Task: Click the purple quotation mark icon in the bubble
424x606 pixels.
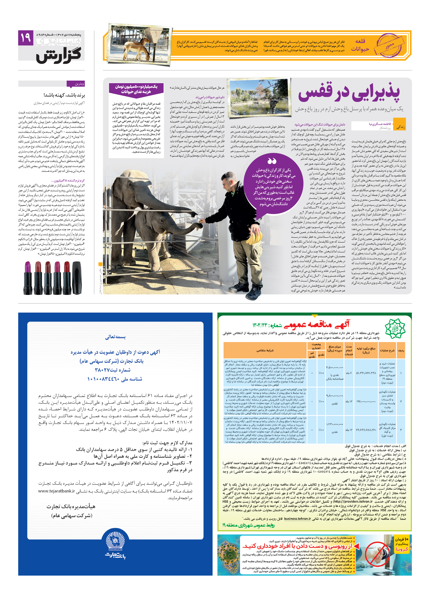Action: click(272, 161)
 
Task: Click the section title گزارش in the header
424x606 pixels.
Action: click(58, 56)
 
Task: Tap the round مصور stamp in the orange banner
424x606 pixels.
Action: click(390, 45)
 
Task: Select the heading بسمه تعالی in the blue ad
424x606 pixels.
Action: click(115, 337)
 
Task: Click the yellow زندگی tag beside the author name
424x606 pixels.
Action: click(400, 127)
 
